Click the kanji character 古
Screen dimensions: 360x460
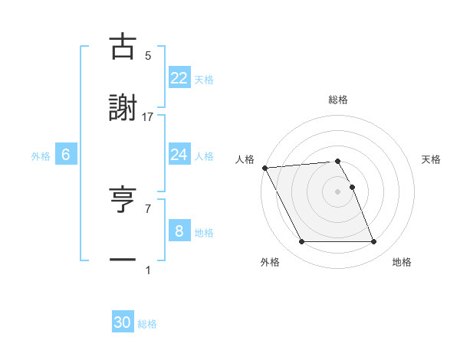(123, 47)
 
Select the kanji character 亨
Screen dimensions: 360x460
(123, 201)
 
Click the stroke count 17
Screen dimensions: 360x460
(148, 116)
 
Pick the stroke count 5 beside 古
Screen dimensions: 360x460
(148, 56)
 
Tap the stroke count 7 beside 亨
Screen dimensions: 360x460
(148, 208)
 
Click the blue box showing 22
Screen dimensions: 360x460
(179, 78)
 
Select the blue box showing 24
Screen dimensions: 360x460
(179, 155)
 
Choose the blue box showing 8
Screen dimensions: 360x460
(179, 231)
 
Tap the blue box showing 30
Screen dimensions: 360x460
(123, 323)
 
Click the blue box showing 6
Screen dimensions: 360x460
(65, 155)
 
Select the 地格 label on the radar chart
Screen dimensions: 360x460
(402, 262)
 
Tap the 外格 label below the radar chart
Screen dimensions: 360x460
(270, 262)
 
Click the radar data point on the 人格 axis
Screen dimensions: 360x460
(264, 168)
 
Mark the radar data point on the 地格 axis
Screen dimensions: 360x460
(373, 242)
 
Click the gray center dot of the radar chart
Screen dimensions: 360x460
(338, 191)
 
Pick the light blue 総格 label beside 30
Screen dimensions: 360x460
(147, 324)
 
